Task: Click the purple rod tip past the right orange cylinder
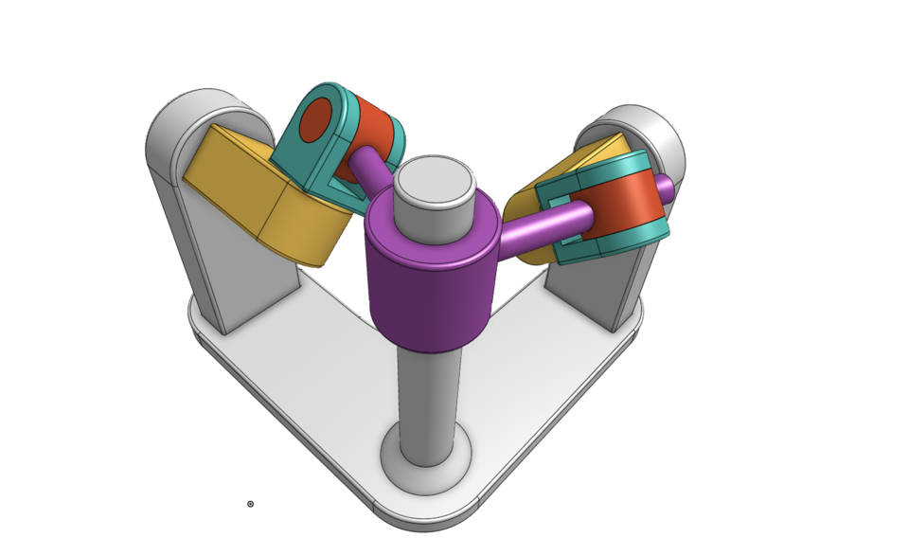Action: tap(666, 188)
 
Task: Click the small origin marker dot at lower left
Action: tap(250, 504)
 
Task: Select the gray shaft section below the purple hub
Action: tap(428, 398)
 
